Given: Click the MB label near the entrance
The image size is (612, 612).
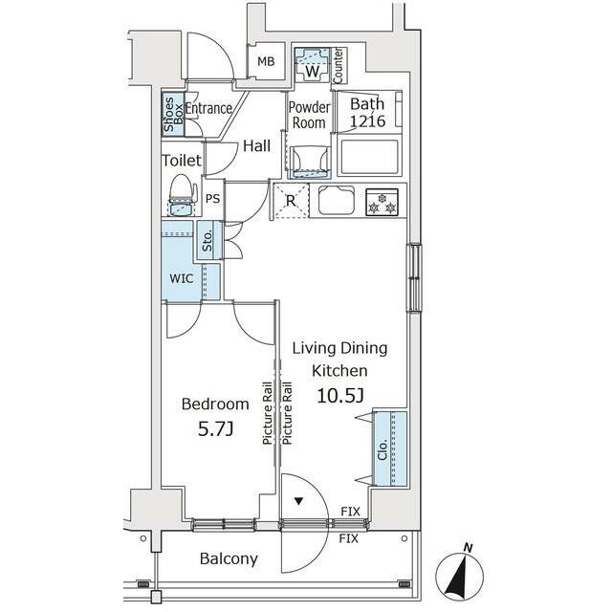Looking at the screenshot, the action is coord(266,61).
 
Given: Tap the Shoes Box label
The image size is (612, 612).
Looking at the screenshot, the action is coord(173,115).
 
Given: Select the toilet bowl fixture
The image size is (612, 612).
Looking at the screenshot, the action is coord(182,195).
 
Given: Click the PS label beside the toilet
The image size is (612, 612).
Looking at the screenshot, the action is coord(212,199).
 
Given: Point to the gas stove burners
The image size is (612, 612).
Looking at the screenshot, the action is coord(382,202).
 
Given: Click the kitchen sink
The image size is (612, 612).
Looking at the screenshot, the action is coord(337,201).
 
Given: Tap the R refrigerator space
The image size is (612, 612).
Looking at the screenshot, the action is coord(291,201).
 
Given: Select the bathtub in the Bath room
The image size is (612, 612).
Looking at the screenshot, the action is coord(370,157).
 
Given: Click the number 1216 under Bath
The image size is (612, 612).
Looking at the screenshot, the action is coord(367,121).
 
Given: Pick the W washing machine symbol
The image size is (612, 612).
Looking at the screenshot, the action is coord(313,65).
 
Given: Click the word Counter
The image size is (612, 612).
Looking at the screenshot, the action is coord(338,66).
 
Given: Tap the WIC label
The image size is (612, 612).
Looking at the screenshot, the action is coord(182,278).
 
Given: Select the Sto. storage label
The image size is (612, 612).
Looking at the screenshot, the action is coord(208,240).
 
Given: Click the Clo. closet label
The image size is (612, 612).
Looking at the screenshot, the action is coord(382,449).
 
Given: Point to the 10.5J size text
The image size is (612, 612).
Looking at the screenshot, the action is coord(340,395).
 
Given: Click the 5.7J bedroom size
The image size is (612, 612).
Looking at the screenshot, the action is coord(215,429).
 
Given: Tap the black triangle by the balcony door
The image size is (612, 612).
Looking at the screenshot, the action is coord(298,501).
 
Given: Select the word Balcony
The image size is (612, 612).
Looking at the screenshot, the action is coord(229,558).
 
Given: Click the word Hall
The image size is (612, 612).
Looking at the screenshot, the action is coord(256,146).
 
